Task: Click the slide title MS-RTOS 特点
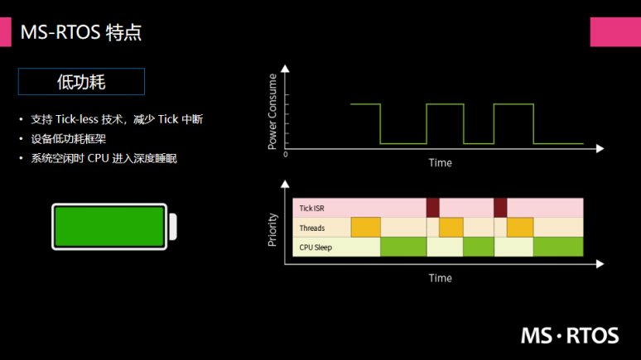click(80, 32)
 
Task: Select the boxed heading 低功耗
click(81, 81)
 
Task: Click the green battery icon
click(109, 225)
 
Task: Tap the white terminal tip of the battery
click(173, 226)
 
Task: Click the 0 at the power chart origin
click(286, 154)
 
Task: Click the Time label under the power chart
click(440, 163)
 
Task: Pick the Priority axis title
click(272, 231)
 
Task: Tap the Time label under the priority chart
click(440, 278)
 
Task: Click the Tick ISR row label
click(311, 208)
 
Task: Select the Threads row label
click(311, 228)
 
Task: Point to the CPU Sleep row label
click(315, 247)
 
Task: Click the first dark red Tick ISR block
click(432, 208)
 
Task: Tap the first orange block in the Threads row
click(365, 228)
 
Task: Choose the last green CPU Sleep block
click(557, 247)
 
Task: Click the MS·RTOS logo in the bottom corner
click(569, 335)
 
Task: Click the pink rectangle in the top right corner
click(614, 31)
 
